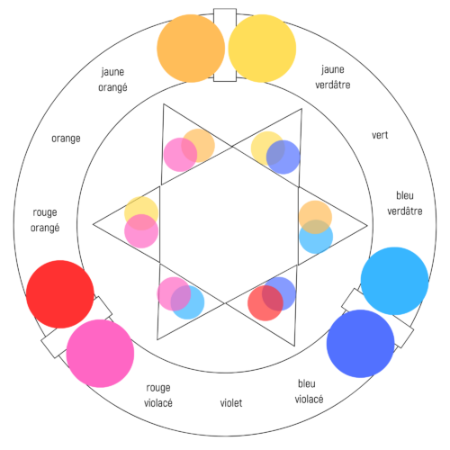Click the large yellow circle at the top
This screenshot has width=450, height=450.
click(x=262, y=49)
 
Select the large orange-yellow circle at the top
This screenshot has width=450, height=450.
click(x=191, y=49)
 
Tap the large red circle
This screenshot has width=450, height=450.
click(x=60, y=294)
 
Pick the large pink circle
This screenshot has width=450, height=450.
click(x=100, y=354)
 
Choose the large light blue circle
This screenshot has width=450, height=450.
click(x=394, y=281)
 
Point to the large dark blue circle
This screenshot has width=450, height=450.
click(x=360, y=344)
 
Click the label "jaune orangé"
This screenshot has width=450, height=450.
click(x=112, y=80)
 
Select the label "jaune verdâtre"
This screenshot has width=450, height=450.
click(x=333, y=77)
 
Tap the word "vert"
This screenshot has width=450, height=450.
click(x=380, y=135)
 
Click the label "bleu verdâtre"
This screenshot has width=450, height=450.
click(x=405, y=203)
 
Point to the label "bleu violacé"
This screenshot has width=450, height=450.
click(x=309, y=391)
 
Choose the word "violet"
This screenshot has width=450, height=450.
click(x=231, y=403)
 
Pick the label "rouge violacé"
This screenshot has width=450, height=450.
click(x=158, y=395)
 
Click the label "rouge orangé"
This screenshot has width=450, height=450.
click(x=45, y=220)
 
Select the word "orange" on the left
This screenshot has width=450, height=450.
click(x=66, y=139)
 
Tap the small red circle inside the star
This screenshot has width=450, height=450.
click(x=265, y=303)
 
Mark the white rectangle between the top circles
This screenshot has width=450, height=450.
click(x=225, y=45)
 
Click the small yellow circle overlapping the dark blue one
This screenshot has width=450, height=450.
click(x=267, y=148)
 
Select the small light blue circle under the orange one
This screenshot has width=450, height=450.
click(x=316, y=237)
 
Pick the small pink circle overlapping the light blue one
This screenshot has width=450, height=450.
click(x=174, y=294)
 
